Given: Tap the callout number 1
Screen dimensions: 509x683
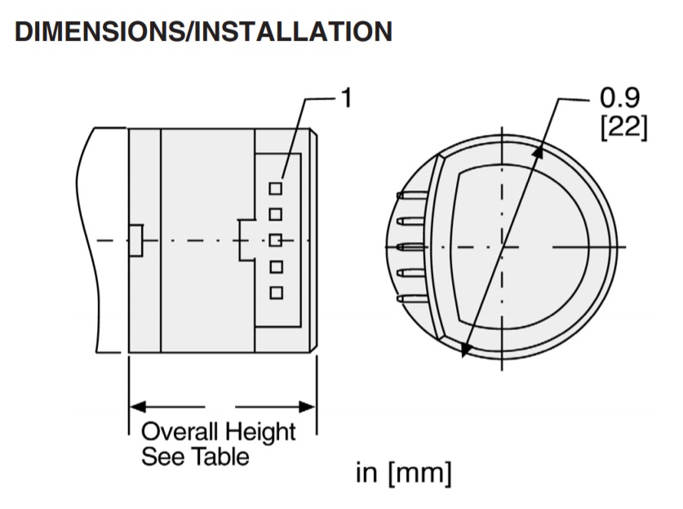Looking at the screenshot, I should click(x=346, y=99).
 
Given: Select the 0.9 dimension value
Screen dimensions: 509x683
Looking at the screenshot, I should click(x=620, y=100).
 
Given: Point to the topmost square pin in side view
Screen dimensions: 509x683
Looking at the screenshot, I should click(x=276, y=188).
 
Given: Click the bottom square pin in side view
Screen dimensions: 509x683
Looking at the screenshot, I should click(x=276, y=292).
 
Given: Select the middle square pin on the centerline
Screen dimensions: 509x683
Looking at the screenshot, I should click(x=276, y=240).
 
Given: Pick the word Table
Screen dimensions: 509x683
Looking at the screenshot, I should click(x=220, y=456).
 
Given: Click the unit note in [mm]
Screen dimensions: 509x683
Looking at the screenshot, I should click(x=403, y=473).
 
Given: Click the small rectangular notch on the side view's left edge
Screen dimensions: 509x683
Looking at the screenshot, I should click(x=136, y=239).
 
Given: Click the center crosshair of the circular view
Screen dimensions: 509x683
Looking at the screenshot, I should click(x=502, y=246).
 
